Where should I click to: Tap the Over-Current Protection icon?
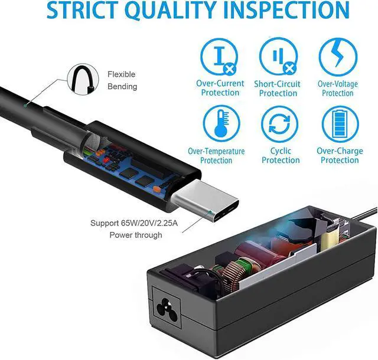tap(220, 57)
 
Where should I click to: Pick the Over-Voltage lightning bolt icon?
tap(338, 57)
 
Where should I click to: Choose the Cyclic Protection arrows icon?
tap(281, 124)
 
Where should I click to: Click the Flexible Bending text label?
tap(122, 80)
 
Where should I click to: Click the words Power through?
tap(135, 235)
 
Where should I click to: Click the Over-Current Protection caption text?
tap(220, 89)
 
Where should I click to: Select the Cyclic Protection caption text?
tap(281, 156)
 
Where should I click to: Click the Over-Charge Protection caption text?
tap(340, 156)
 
